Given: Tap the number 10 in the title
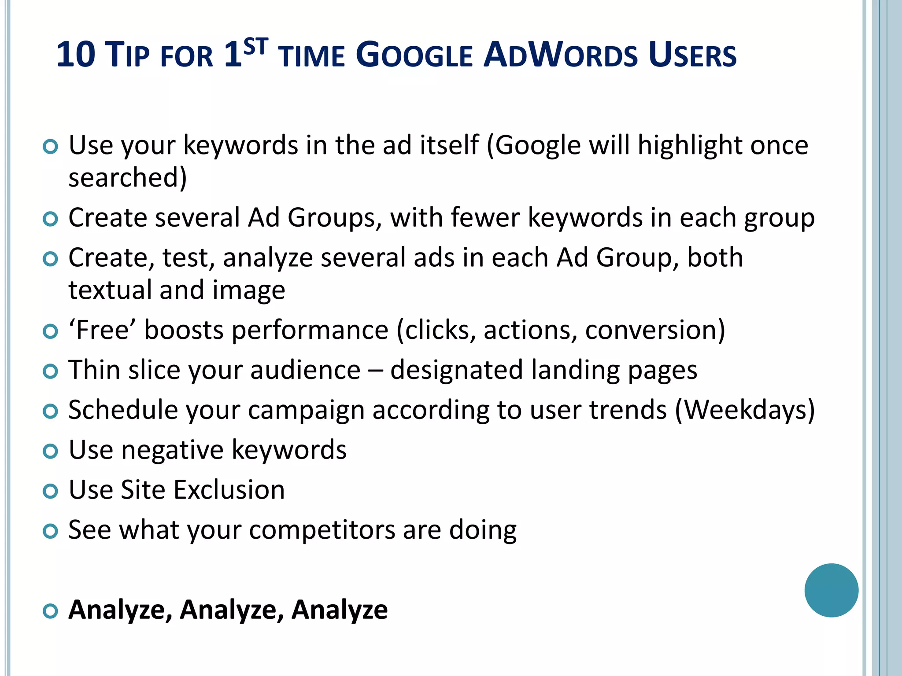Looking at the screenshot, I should tap(76, 55).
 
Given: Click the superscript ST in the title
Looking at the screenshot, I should tap(255, 46).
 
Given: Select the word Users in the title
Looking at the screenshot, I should tap(692, 55).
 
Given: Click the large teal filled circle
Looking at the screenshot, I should tap(831, 590).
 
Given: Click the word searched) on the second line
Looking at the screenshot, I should tap(128, 177).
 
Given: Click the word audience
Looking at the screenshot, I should tap(305, 370).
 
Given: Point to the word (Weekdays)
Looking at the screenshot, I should tap(745, 410).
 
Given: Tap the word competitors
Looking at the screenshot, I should tap(322, 530).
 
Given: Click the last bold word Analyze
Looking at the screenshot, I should tap(340, 610).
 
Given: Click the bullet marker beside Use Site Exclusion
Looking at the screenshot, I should tap(51, 491).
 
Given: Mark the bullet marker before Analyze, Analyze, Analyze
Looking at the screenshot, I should tap(51, 611).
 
